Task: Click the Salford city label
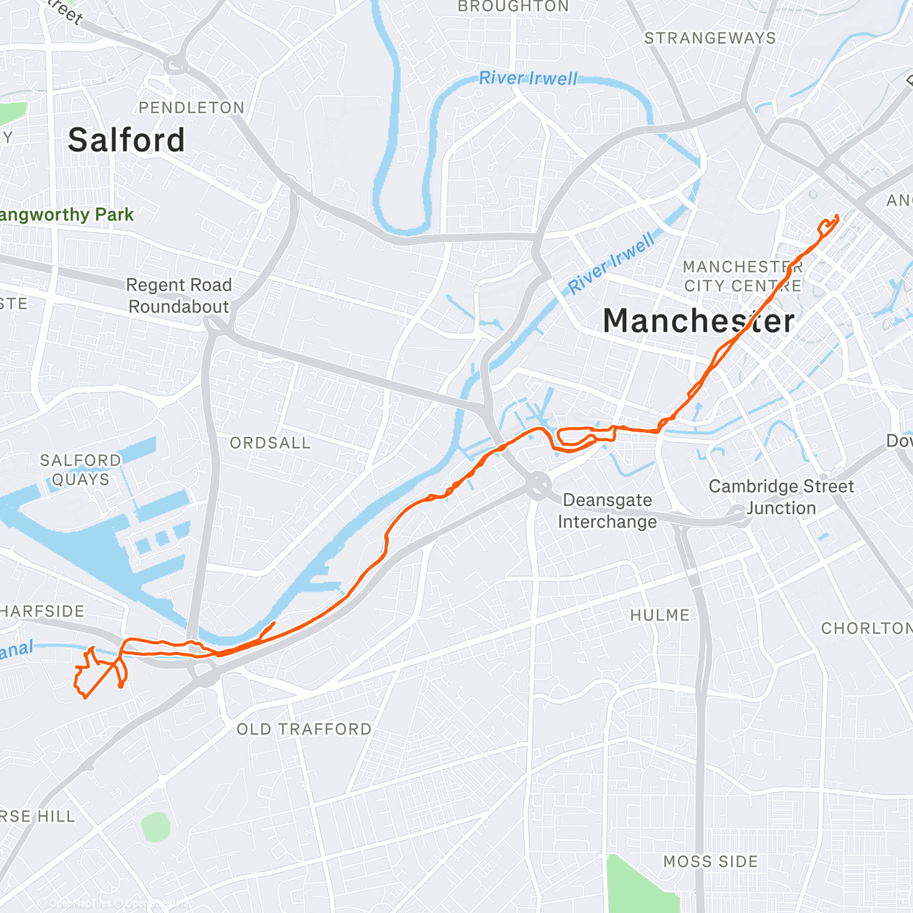pos(126,140)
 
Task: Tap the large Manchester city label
pos(698,320)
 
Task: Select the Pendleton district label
pos(191,107)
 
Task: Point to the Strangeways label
pos(709,38)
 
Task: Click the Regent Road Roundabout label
pos(178,296)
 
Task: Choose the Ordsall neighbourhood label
pos(270,443)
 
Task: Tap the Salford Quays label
pos(80,469)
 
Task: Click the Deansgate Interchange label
pos(607,511)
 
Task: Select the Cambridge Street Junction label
pos(781,497)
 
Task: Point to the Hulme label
pos(660,615)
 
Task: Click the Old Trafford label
pos(304,729)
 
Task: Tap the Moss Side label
pos(711,861)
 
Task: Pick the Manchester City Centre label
pos(742,276)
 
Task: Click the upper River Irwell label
pos(528,78)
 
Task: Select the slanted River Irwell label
pos(612,263)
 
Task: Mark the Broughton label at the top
pos(513,7)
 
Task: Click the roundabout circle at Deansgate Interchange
pos(539,484)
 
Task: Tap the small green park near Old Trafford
pos(155,826)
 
